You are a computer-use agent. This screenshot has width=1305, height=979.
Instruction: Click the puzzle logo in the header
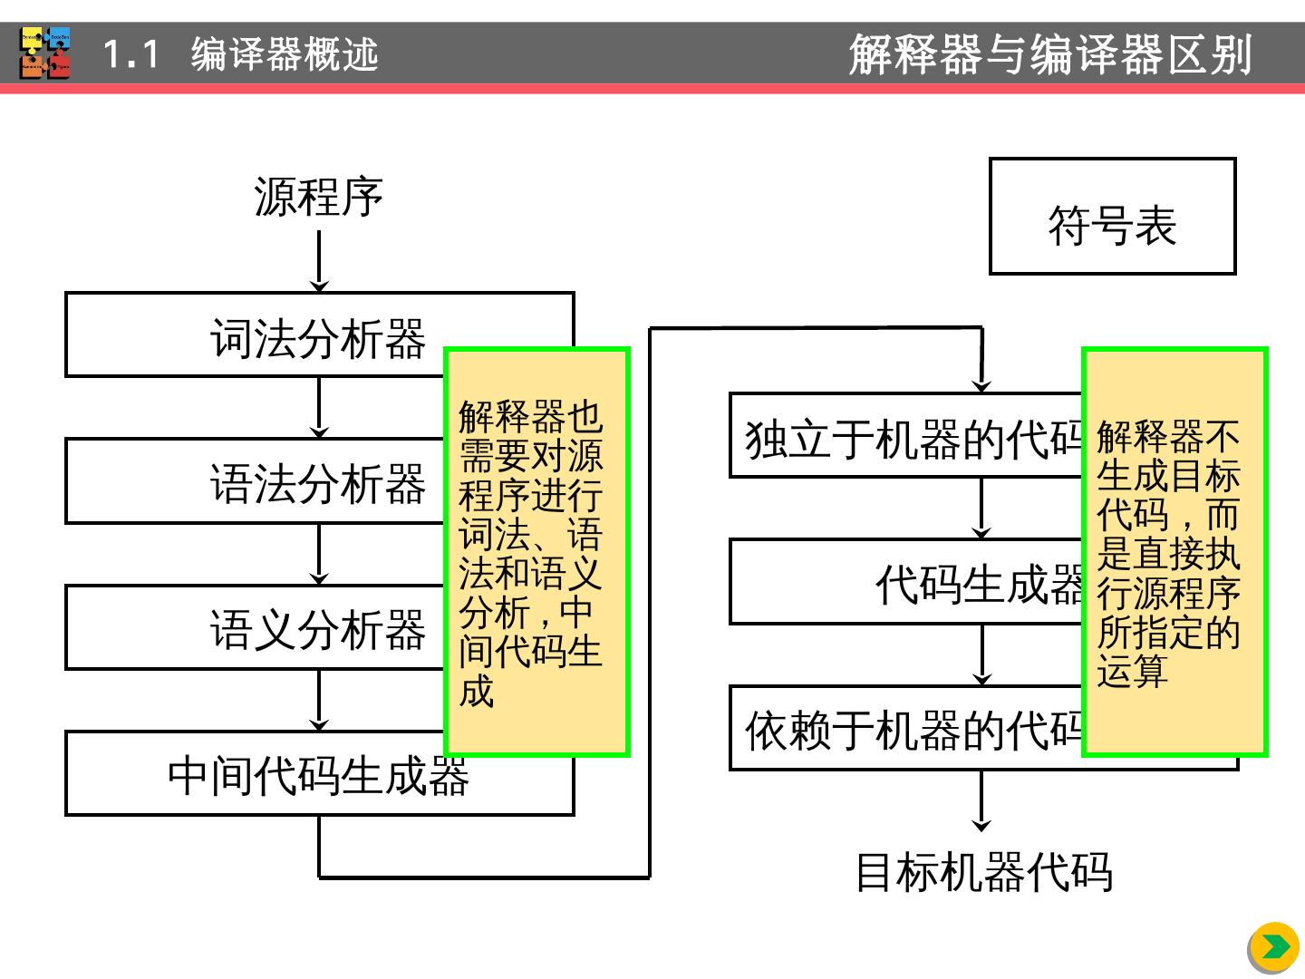[45, 53]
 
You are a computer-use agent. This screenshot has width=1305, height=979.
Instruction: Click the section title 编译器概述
[285, 54]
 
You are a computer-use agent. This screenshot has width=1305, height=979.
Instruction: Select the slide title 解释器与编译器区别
[1050, 54]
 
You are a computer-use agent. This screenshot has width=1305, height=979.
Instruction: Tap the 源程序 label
[319, 197]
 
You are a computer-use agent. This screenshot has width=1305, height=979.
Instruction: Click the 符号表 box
[1112, 217]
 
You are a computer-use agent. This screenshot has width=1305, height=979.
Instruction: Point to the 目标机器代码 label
[984, 872]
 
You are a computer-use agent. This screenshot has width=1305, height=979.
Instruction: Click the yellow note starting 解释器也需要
[536, 552]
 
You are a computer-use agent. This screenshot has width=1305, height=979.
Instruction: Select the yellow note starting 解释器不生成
[1174, 552]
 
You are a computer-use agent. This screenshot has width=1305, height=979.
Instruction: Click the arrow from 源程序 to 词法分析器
[319, 261]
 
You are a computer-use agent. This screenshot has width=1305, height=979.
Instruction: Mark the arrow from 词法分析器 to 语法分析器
[319, 408]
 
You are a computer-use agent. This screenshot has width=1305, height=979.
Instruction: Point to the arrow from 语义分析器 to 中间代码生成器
[319, 701]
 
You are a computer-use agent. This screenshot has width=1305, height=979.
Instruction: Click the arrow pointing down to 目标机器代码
[981, 801]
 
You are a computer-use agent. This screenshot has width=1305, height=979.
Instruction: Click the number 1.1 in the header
[131, 54]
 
